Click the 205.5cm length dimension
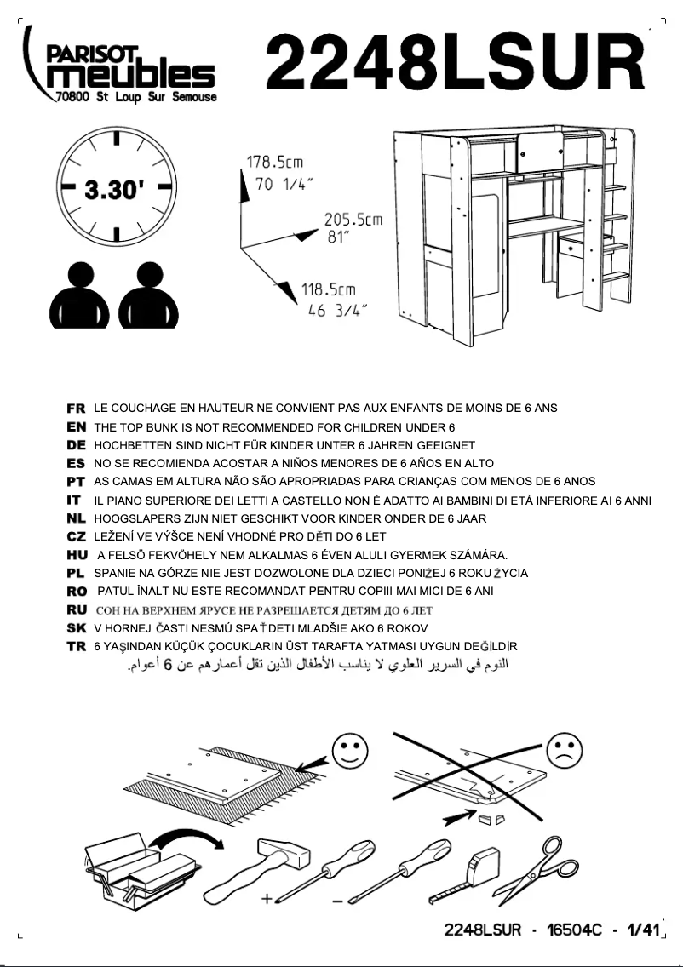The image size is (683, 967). (x=352, y=227)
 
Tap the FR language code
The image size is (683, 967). (x=76, y=409)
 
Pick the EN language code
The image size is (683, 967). (x=76, y=427)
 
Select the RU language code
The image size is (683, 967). (x=76, y=610)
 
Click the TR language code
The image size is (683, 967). (x=76, y=647)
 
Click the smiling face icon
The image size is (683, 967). (x=349, y=751)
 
